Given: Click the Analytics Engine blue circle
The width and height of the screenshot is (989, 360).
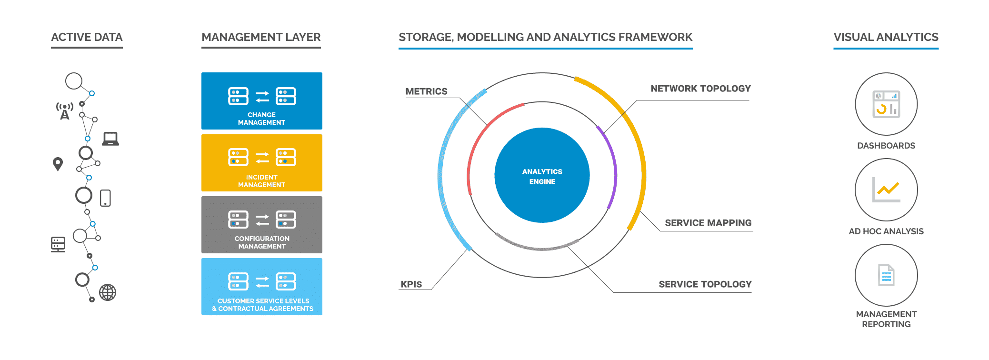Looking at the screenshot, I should click(542, 175).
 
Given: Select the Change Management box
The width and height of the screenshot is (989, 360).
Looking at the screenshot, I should click(261, 101).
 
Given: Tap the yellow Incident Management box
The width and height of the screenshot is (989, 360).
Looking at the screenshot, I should click(261, 163).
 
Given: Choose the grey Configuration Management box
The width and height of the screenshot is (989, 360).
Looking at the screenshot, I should click(261, 225).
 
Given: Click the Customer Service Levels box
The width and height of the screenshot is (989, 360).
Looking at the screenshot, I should click(261, 287).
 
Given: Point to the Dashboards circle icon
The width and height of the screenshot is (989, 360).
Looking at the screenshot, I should click(886, 104).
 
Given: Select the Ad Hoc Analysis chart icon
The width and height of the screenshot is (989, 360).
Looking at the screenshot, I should click(886, 190).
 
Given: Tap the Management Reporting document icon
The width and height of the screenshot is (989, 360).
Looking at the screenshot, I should click(886, 275).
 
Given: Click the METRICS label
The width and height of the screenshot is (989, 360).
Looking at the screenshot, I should click(426, 91).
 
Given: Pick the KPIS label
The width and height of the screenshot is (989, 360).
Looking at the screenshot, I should click(411, 284).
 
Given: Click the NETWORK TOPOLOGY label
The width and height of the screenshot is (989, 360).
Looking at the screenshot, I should click(700, 89).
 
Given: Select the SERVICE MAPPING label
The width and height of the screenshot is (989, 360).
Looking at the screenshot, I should click(708, 223).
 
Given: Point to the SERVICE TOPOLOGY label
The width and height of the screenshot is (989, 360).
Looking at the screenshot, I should click(705, 284).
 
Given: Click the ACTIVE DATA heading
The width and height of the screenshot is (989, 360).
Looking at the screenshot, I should click(87, 37).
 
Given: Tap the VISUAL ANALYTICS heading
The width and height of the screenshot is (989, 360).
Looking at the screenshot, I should click(886, 37).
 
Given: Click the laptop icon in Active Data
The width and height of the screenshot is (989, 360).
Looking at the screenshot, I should click(110, 139).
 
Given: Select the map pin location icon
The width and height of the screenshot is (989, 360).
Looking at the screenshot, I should click(58, 164).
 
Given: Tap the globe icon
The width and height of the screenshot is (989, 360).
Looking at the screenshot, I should click(108, 292).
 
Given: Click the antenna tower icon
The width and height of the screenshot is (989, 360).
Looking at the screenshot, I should click(64, 110).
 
